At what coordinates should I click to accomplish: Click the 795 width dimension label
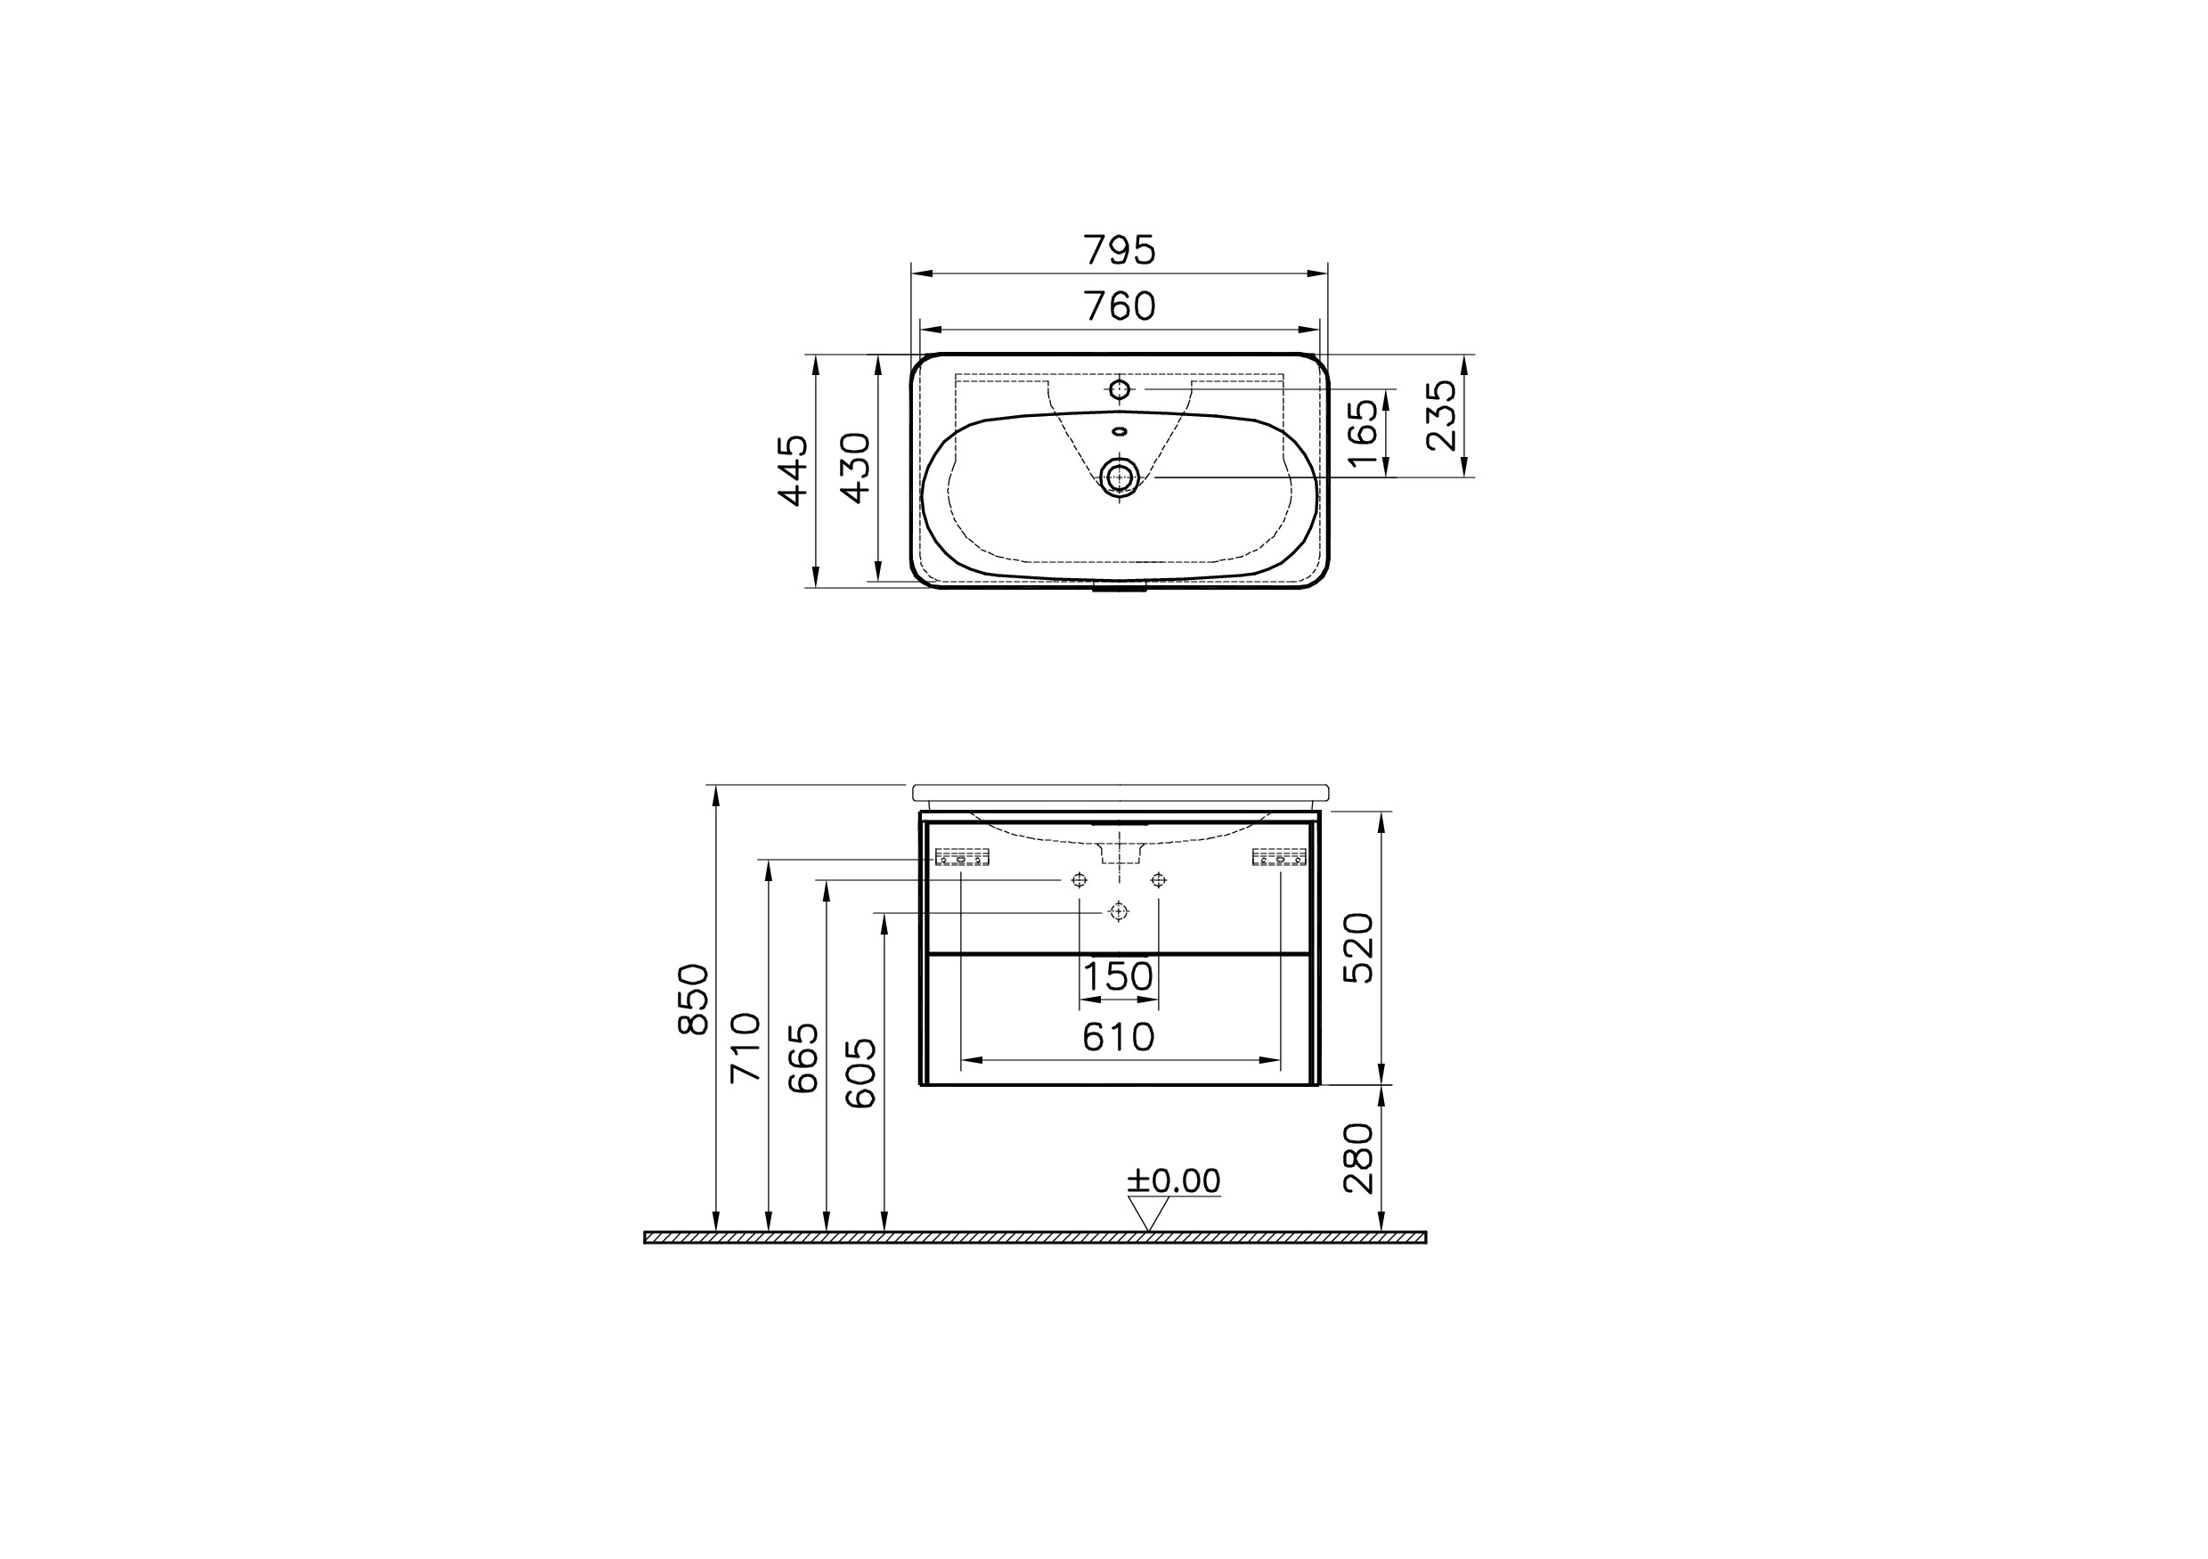point(1120,251)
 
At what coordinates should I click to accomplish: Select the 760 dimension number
point(1120,306)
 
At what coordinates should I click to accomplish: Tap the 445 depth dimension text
point(794,470)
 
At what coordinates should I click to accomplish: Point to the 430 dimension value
point(856,468)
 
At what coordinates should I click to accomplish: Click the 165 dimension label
point(1364,434)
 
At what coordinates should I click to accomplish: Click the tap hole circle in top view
point(1120,389)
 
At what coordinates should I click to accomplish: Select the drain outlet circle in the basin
point(1120,476)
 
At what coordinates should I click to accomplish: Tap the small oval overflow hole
point(1120,431)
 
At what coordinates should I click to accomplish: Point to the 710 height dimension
point(746,1048)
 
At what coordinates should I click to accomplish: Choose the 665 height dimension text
point(804,1058)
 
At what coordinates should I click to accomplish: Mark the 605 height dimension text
point(861,1073)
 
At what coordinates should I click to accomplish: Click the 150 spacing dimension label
point(1118,977)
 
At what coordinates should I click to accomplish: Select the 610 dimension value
point(1118,1037)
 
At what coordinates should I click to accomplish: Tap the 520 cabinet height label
point(1359,947)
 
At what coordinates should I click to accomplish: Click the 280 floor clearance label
point(1359,1158)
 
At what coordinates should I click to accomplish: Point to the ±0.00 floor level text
point(1173,1181)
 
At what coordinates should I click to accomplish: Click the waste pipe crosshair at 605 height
point(1119,911)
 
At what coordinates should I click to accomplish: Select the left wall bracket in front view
point(963,857)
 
